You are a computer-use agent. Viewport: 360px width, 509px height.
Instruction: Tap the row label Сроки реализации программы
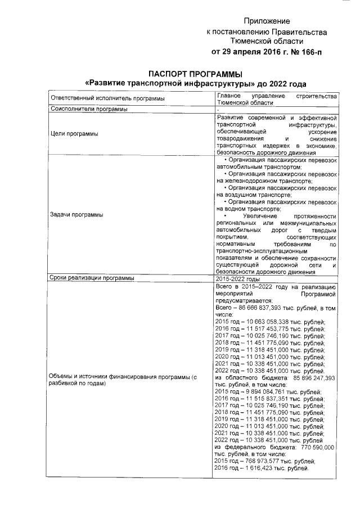[x=92, y=278]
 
